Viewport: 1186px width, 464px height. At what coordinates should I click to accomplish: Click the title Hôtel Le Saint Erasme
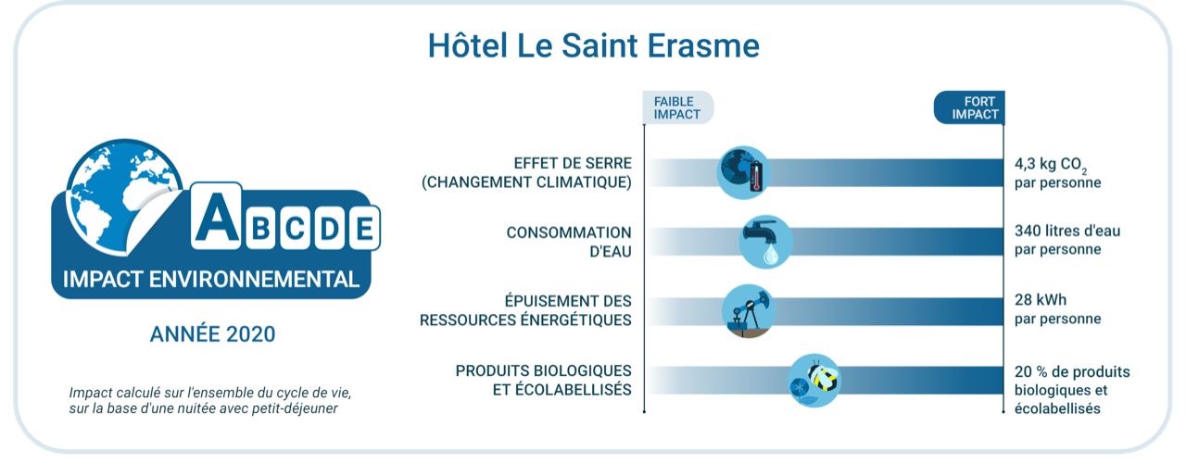pyautogui.click(x=593, y=45)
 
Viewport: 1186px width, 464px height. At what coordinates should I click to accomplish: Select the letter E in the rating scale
pyautogui.click(x=364, y=229)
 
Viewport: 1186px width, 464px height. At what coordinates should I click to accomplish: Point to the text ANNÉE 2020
pyautogui.click(x=212, y=334)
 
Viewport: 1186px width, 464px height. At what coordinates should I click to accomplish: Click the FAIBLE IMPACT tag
pyautogui.click(x=677, y=107)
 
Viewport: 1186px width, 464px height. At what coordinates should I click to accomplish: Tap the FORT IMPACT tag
pyautogui.click(x=969, y=107)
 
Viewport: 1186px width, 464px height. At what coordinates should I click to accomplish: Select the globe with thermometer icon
pyautogui.click(x=743, y=171)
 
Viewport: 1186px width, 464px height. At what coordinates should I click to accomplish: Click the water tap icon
pyautogui.click(x=765, y=241)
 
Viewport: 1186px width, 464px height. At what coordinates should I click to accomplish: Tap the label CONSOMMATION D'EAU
pyautogui.click(x=569, y=241)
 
